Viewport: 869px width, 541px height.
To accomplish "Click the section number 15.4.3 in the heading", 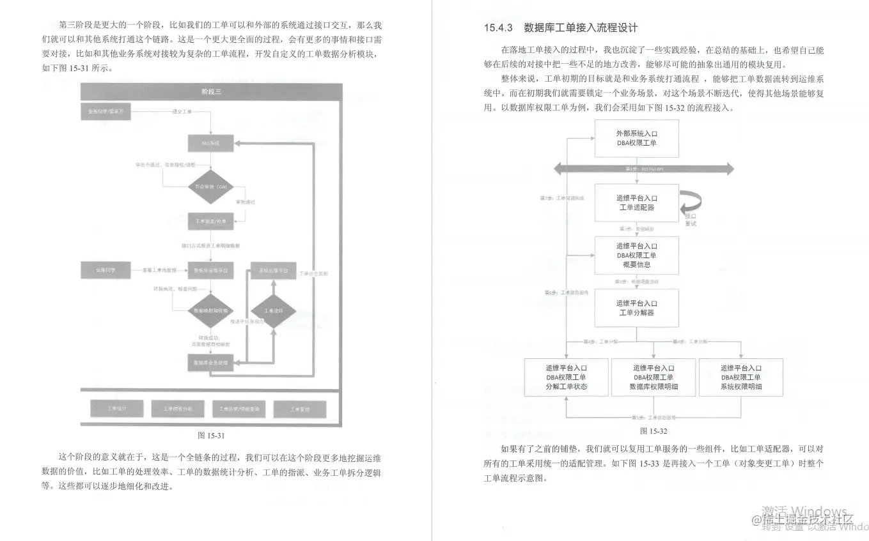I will [499, 28].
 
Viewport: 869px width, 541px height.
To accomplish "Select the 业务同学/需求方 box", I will [106, 112].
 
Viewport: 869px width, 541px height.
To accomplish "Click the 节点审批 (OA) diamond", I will [210, 187].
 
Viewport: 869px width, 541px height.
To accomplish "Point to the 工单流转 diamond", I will [272, 310].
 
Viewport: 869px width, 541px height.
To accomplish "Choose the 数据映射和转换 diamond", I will [210, 310].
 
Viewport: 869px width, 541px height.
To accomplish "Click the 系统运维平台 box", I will [273, 271].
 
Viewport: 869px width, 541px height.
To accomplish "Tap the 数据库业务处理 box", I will [210, 362].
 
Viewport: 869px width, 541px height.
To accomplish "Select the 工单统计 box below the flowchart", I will [116, 408].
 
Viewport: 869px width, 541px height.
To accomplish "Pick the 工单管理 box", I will [300, 408].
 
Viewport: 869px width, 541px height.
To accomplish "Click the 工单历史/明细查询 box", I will [239, 408].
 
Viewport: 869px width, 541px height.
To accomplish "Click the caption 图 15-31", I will [210, 435].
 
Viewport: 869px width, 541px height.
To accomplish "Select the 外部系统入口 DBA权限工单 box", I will [636, 139].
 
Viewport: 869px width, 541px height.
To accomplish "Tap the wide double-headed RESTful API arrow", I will [644, 169].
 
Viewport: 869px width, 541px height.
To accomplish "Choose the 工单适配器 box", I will [636, 202].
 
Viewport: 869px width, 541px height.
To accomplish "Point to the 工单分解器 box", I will [636, 308].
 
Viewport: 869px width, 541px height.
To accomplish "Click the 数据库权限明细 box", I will [654, 377].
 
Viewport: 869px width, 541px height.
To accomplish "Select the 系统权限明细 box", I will [740, 377].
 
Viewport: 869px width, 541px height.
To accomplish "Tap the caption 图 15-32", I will [653, 431].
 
